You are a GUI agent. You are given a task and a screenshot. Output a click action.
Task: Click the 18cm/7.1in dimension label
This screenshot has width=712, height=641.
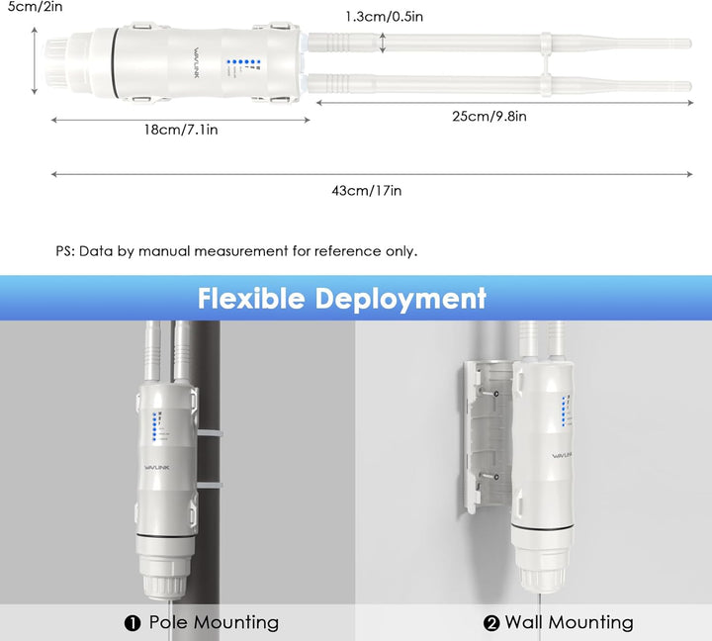click(181, 130)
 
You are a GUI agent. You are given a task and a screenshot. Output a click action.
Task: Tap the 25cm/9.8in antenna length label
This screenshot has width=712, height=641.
click(489, 117)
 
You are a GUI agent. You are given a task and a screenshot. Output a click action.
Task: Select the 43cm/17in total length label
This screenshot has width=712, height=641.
click(367, 190)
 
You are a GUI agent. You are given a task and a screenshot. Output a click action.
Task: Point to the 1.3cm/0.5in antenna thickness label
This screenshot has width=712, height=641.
click(384, 17)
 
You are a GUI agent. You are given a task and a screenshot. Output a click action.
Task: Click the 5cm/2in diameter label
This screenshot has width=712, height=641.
click(35, 6)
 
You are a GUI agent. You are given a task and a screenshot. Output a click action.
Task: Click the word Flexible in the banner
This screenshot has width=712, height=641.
click(251, 299)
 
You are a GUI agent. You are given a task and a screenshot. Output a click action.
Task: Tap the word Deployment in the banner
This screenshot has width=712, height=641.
click(400, 300)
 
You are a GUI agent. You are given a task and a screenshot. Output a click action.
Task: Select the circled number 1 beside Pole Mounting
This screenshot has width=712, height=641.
click(133, 623)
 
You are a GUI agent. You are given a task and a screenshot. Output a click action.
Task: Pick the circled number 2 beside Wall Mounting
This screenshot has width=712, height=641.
click(491, 623)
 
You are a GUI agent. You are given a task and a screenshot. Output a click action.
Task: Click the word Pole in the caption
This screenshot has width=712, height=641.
click(168, 622)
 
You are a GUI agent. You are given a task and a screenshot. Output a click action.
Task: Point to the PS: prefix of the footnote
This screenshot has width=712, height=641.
click(65, 251)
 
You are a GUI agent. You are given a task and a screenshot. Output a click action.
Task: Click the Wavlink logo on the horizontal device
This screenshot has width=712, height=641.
click(196, 62)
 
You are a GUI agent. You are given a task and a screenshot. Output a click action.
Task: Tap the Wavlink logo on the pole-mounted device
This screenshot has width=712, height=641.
click(156, 468)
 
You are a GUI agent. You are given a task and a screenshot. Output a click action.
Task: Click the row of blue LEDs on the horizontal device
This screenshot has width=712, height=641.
click(243, 61)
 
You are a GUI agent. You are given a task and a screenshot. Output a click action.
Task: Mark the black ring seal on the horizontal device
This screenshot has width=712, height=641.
click(114, 62)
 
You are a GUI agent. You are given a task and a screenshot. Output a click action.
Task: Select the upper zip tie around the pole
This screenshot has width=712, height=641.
click(210, 434)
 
